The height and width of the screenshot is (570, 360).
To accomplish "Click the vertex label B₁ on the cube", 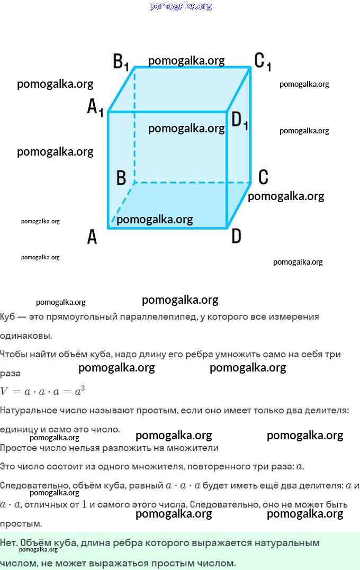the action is point(121,61).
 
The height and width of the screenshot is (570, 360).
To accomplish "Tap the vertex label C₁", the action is point(263,61).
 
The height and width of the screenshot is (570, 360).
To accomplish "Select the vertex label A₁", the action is point(95,107).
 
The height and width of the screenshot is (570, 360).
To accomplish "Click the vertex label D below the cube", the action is point(236,236).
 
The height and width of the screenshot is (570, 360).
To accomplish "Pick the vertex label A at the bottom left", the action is point(92,237).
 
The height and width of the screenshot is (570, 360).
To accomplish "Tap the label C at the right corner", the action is point(263,177).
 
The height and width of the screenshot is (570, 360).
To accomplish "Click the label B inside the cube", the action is point(121,178).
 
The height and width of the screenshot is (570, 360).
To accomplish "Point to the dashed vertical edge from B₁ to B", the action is point(134,125).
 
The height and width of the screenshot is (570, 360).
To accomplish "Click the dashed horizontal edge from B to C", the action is point(192,183).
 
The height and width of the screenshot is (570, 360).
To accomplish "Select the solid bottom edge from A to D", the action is point(167,228).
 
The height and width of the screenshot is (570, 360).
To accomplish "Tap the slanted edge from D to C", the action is point(239,205).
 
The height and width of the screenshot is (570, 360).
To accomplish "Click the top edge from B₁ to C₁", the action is point(192,67).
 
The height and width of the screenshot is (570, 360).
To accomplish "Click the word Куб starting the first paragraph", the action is point(7,316).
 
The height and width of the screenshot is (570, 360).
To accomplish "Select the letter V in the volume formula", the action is point(4,392).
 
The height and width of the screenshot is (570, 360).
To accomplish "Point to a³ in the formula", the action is point(79,391).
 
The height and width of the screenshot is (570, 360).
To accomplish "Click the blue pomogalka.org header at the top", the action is point(181,6).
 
